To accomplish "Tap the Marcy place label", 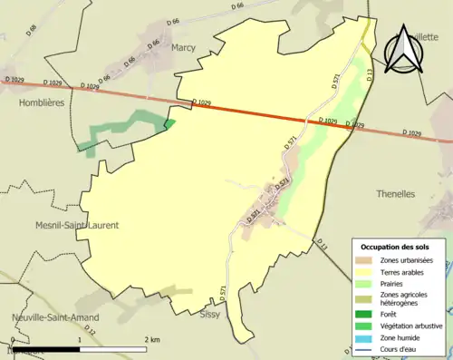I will pos(183,47).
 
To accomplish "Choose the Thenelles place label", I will pos(395,194).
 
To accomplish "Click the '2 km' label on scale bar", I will pos(153,338).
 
